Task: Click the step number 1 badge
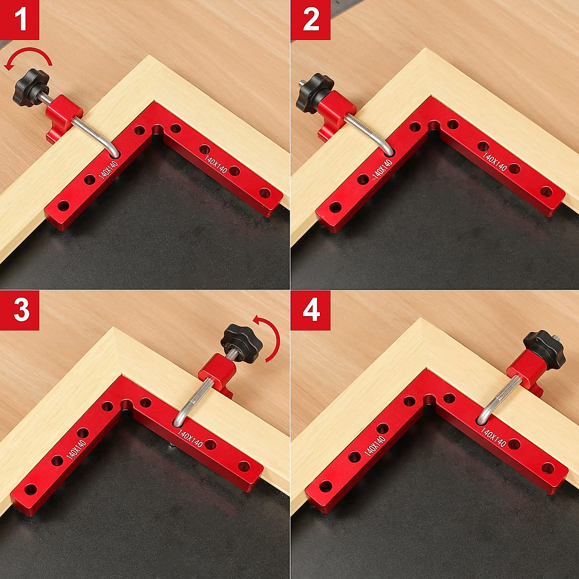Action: tap(20, 20)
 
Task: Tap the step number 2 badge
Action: tap(310, 20)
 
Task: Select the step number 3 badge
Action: tap(20, 310)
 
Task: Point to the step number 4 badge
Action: tap(310, 310)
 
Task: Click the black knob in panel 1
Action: tap(31, 85)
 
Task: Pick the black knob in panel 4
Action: tap(543, 346)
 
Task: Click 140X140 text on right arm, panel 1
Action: tap(216, 164)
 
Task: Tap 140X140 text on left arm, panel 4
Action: tap(375, 445)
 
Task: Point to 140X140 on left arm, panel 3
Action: tap(76, 449)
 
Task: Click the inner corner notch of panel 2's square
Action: tap(434, 126)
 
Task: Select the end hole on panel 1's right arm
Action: tap(264, 193)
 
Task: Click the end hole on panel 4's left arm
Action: tap(325, 486)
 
